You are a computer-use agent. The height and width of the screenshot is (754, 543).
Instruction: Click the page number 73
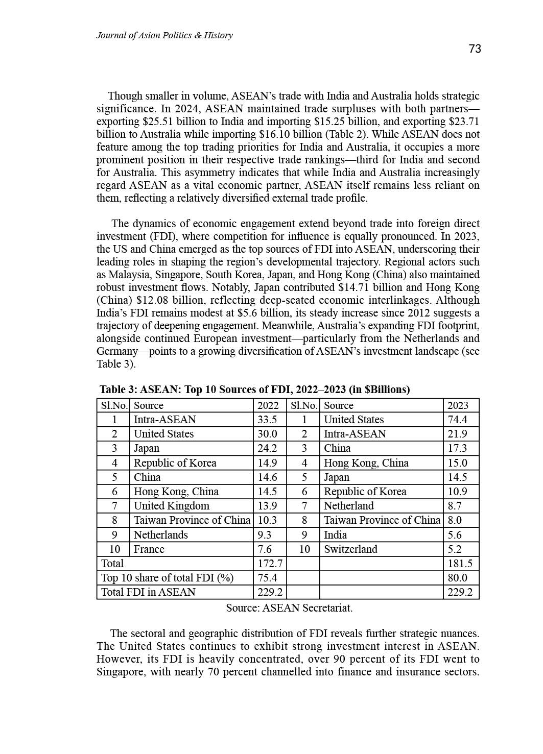coord(475,49)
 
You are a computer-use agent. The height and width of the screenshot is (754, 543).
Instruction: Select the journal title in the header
coord(164,35)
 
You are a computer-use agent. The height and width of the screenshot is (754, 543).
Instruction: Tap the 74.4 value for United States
coord(457,420)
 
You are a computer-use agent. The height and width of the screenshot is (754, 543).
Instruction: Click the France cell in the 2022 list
coord(149,549)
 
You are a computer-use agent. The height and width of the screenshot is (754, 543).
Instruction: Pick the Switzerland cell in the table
coord(350,549)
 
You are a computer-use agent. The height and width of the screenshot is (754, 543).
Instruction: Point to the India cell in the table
coord(335,535)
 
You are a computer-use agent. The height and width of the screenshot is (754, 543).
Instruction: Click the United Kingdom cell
coord(171,506)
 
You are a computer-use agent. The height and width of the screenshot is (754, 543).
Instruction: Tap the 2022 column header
coord(268,405)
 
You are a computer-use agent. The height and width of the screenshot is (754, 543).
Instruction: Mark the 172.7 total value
coord(270,564)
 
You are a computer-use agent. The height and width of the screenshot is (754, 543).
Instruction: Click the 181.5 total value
coord(460,564)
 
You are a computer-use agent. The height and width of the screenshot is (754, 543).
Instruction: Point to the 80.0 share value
coord(457,578)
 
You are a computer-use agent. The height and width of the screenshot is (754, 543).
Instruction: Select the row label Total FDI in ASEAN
coord(148,592)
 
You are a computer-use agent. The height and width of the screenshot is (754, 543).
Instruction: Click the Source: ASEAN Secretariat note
coord(289,608)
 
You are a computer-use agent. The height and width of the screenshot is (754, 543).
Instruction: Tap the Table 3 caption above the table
coord(254,390)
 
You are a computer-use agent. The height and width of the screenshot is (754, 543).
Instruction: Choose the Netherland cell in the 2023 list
coord(348,506)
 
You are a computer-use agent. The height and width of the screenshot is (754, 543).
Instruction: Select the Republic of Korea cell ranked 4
coord(175,463)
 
